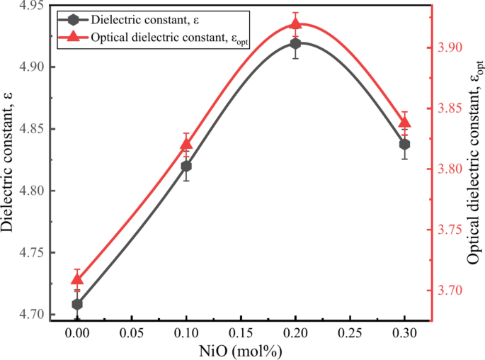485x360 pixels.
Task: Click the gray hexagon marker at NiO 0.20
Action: click(295, 43)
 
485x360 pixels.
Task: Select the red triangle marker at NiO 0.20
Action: click(295, 25)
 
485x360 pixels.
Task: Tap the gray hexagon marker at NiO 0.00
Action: click(77, 304)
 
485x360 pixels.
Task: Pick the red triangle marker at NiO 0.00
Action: click(77, 280)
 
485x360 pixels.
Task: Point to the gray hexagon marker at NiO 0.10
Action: click(186, 166)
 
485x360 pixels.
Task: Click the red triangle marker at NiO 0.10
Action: click(186, 145)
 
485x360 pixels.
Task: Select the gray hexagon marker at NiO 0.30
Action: click(405, 144)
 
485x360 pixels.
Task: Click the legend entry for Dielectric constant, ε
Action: click(135, 19)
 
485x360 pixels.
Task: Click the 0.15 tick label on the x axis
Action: click(241, 332)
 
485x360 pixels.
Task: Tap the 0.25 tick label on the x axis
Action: click(350, 332)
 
